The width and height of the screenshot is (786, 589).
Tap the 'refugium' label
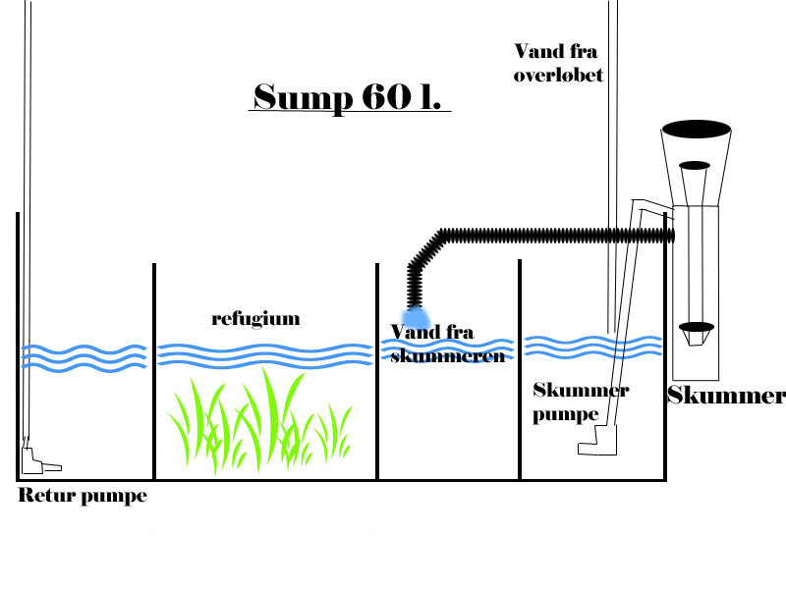(255, 318)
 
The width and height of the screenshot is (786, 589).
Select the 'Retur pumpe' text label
(83, 496)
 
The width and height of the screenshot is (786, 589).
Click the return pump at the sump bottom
(39, 456)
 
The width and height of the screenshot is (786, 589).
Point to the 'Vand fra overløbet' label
(557, 61)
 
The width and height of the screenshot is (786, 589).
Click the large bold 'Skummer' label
(726, 396)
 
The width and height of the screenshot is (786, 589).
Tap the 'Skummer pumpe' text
(580, 402)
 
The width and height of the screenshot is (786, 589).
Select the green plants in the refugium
(260, 417)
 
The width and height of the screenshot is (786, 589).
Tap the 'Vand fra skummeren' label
(447, 344)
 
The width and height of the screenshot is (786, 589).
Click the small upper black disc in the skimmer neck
(695, 165)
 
